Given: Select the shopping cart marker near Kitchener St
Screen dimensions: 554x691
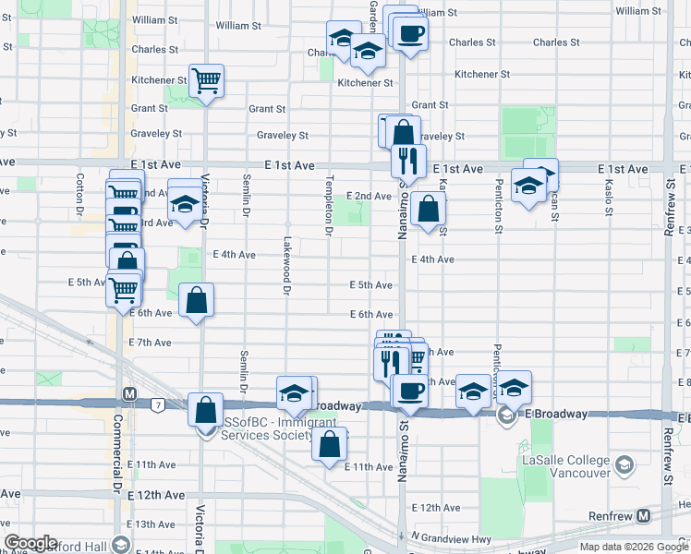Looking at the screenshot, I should coord(206,80).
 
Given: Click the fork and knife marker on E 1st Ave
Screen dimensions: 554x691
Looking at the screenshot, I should coord(407,161).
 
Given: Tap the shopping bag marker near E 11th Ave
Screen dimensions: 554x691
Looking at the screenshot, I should coord(330,445).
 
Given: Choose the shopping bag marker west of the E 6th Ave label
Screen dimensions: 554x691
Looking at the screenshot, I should coord(197,300).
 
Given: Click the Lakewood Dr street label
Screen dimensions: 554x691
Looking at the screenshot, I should coord(287,273).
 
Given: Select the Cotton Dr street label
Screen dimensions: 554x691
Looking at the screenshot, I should coord(81,191).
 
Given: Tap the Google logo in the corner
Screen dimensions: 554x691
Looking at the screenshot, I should coord(30,543).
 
